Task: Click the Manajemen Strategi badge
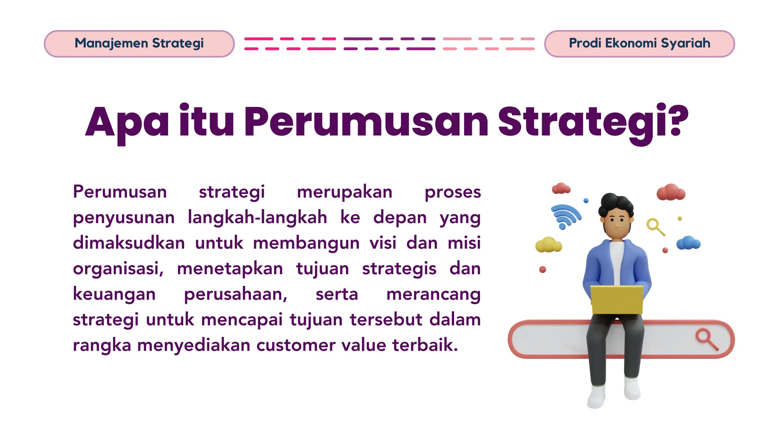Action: [x=139, y=44]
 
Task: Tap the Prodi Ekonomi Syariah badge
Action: [x=639, y=44]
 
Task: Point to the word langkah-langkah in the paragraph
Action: [x=258, y=217]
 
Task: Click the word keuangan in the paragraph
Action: [x=114, y=295]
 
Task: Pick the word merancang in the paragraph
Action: [x=433, y=295]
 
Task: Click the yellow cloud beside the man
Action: [x=548, y=245]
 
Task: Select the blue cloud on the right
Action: [x=688, y=243]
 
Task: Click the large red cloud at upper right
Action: [x=671, y=192]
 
